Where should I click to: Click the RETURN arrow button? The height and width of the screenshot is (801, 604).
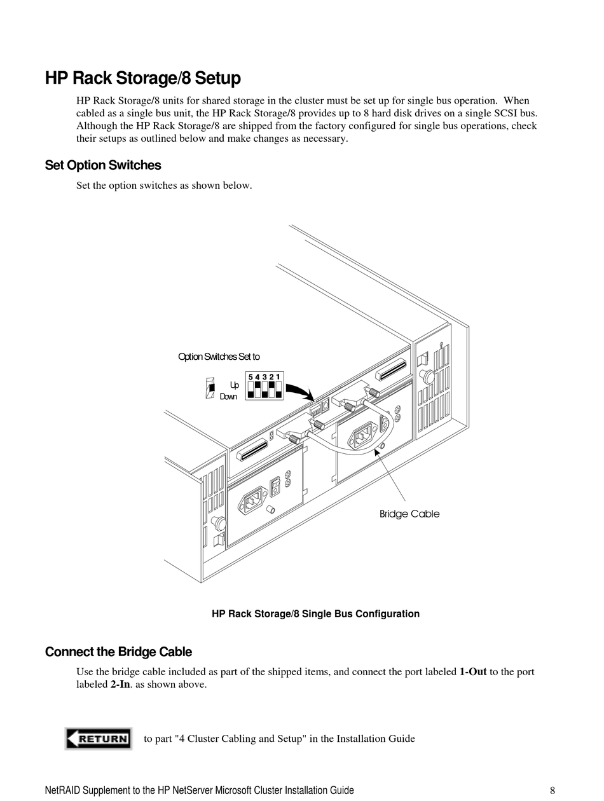pos(99,739)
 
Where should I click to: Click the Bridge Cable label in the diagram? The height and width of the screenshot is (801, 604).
pos(409,514)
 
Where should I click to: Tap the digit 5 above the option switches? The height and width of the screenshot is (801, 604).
pos(251,377)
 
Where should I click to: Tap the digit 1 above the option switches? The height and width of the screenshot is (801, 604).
pos(278,377)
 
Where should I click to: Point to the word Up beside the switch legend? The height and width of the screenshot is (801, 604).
pos(234,385)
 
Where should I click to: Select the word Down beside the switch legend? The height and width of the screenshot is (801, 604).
pos(228,397)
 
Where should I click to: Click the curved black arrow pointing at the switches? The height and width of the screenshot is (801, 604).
pos(298,391)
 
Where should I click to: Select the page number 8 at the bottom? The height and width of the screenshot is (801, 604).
pos(553,791)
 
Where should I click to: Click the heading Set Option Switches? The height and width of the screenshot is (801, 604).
pos(103,165)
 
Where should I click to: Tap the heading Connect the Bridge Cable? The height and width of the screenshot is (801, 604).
pos(118,652)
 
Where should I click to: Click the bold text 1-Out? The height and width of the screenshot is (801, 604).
pos(473,672)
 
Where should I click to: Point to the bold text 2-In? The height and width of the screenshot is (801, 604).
pos(116,685)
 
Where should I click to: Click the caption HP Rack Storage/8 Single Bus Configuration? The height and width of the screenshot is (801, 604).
pos(315,614)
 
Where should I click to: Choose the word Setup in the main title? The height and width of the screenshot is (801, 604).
pos(218,79)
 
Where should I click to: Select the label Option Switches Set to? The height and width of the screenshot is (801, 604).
pos(219,357)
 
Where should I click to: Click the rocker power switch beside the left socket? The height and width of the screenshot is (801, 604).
pos(275,486)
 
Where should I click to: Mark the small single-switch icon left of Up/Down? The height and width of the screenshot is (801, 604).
pos(210,388)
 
